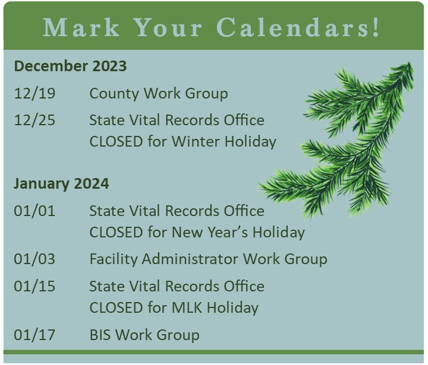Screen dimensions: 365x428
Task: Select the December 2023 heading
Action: click(70, 66)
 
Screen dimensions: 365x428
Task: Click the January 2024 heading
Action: click(61, 183)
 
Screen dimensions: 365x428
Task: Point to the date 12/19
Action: click(34, 93)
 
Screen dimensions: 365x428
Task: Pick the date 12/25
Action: click(34, 120)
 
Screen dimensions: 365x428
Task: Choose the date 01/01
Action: click(34, 211)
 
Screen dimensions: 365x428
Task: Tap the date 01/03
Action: click(34, 259)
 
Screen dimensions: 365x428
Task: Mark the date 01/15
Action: click(34, 286)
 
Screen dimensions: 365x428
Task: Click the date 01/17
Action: click(34, 335)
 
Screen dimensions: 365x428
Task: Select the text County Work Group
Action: click(158, 93)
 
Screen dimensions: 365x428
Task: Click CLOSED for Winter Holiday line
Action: click(182, 142)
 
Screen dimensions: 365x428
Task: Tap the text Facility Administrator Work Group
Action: click(208, 259)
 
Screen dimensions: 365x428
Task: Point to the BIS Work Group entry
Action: click(144, 335)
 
